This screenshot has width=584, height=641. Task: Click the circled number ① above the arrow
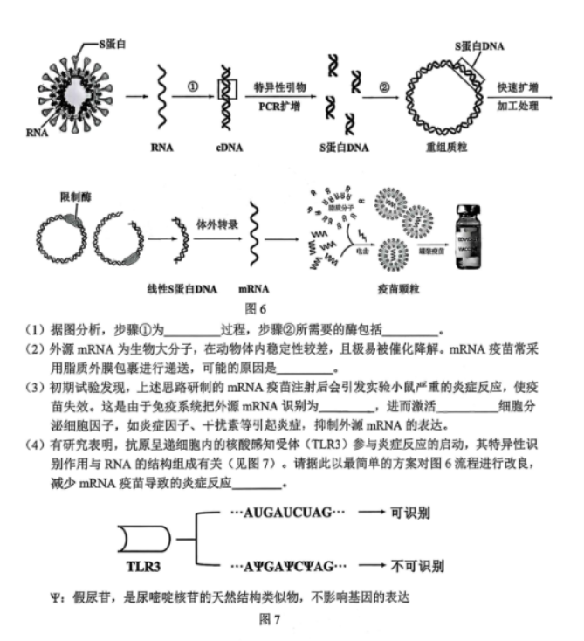pyautogui.click(x=193, y=85)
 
